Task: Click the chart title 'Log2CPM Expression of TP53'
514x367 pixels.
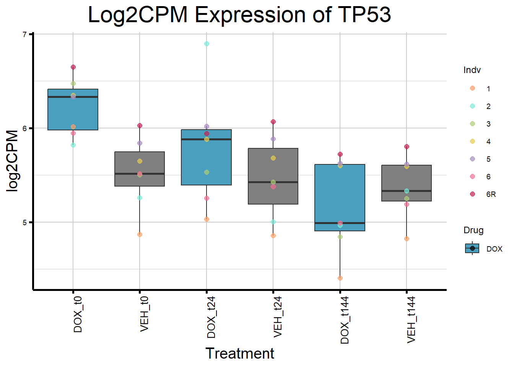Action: click(x=239, y=15)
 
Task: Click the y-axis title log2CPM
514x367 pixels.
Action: click(x=13, y=161)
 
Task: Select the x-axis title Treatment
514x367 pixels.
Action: click(x=240, y=354)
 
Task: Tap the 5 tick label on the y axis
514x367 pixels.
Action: click(x=25, y=222)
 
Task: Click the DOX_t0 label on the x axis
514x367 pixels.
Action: click(x=78, y=314)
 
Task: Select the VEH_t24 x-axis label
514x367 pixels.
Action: click(x=278, y=317)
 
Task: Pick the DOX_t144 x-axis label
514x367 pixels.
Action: click(x=345, y=320)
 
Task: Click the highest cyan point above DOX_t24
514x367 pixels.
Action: click(x=207, y=44)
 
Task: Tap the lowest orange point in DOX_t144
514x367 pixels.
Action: click(x=340, y=278)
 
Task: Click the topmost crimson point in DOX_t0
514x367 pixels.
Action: click(x=73, y=67)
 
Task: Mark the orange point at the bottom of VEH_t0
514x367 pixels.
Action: click(x=140, y=234)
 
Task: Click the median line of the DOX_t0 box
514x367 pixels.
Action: click(x=73, y=97)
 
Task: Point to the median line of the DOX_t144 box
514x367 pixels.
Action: click(x=340, y=223)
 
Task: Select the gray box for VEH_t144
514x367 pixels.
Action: click(x=407, y=180)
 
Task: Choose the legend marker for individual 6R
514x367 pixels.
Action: click(x=472, y=194)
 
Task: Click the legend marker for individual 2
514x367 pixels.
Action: click(x=472, y=106)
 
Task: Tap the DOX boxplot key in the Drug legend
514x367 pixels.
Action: click(x=472, y=248)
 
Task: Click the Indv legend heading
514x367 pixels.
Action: click(x=472, y=70)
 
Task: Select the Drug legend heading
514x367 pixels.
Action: click(x=473, y=230)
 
